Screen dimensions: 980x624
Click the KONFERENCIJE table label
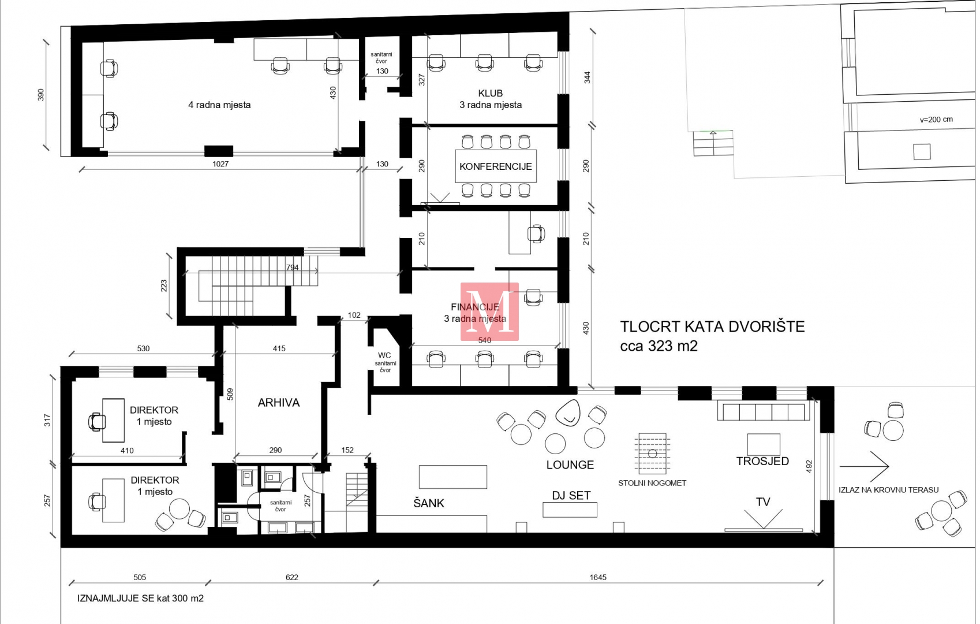pyautogui.click(x=496, y=166)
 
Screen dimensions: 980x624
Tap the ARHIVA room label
pyautogui.click(x=279, y=403)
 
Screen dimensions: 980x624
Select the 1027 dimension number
pyautogui.click(x=220, y=164)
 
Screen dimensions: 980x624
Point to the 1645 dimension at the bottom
pyautogui.click(x=598, y=577)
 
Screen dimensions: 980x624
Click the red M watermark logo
pyautogui.click(x=489, y=311)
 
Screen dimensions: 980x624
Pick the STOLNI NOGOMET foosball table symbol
pyautogui.click(x=652, y=454)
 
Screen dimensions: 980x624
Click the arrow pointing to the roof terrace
pyautogui.click(x=864, y=466)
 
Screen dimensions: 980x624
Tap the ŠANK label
pyautogui.click(x=429, y=503)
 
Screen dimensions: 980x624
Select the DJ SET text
pyautogui.click(x=571, y=495)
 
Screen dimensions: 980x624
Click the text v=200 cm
pyautogui.click(x=936, y=120)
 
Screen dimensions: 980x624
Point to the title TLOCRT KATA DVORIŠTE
pyautogui.click(x=712, y=326)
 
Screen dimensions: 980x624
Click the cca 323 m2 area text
pyautogui.click(x=659, y=346)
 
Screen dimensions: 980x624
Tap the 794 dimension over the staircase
pyautogui.click(x=292, y=267)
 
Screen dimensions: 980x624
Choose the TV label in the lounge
pyautogui.click(x=763, y=502)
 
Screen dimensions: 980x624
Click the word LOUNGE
pyautogui.click(x=570, y=465)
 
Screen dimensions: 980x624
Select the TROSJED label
pyautogui.click(x=762, y=461)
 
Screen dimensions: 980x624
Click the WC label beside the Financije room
pyautogui.click(x=384, y=355)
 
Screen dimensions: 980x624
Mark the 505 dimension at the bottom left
pyautogui.click(x=140, y=577)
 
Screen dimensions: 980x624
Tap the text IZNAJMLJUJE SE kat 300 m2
pyautogui.click(x=140, y=598)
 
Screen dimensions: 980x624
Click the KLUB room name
pyautogui.click(x=491, y=93)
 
